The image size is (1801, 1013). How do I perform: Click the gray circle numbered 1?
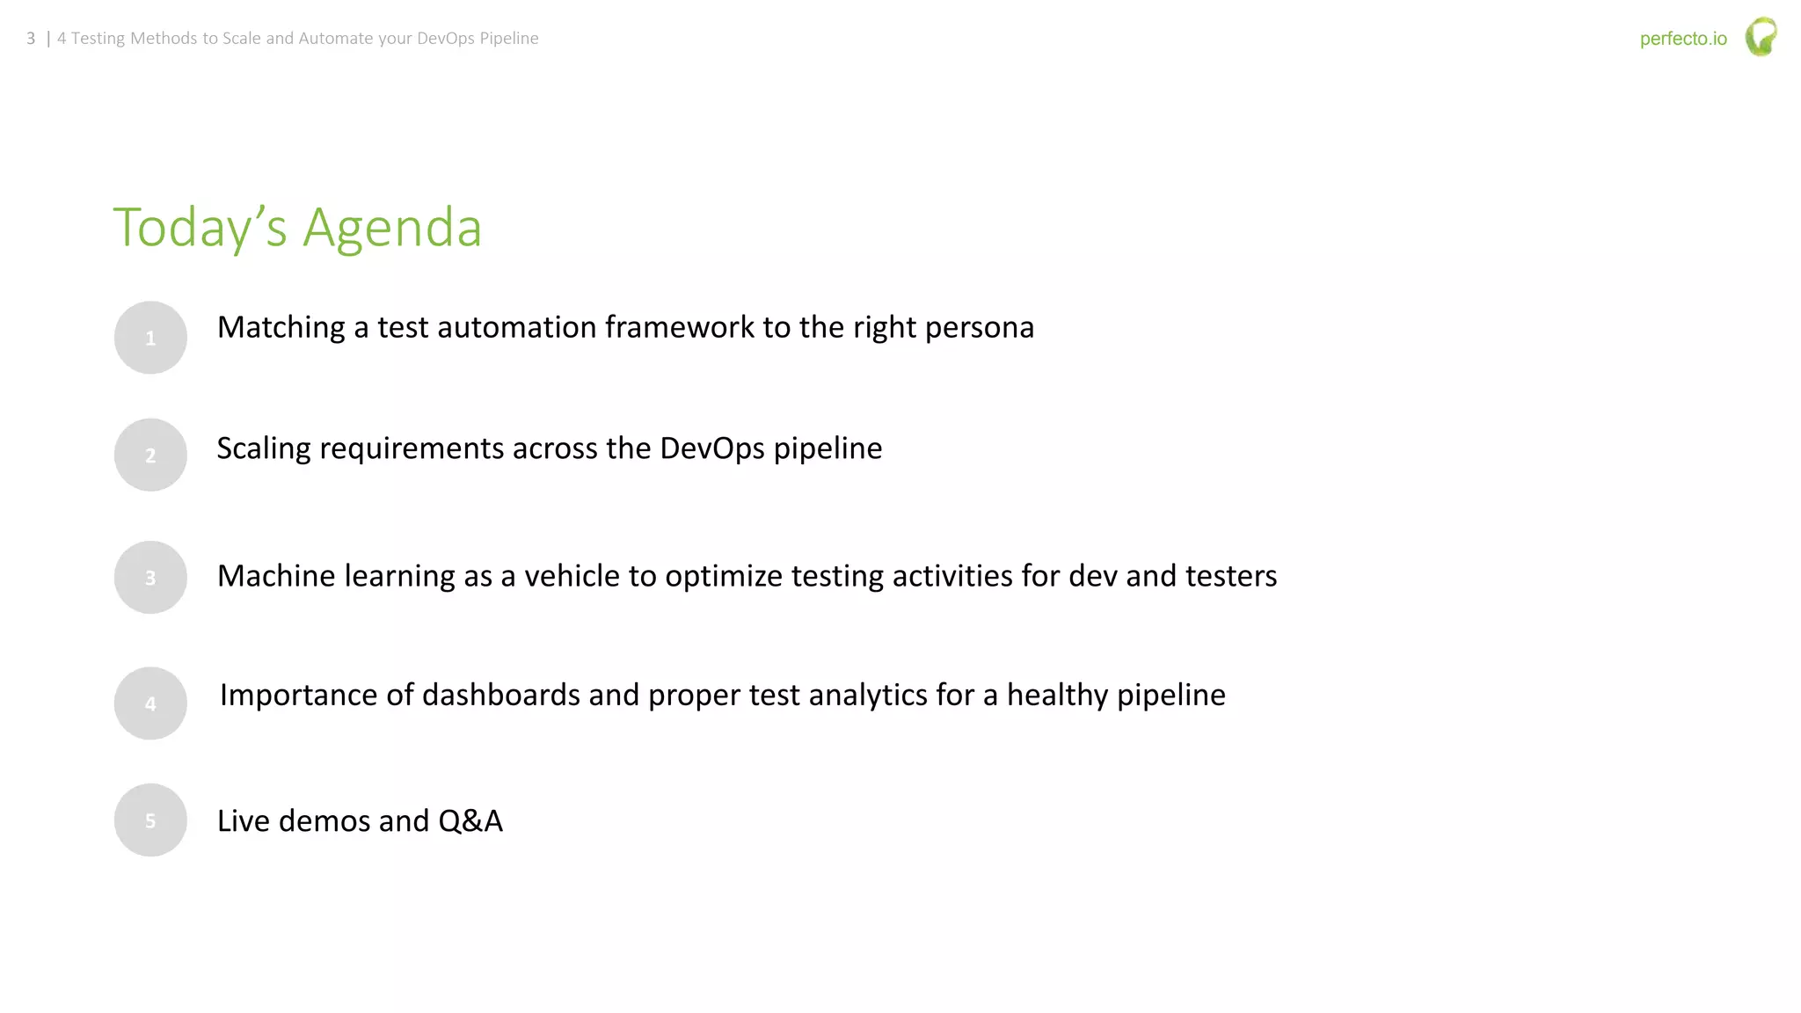tap(150, 338)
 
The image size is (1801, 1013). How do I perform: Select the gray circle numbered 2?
tap(150, 455)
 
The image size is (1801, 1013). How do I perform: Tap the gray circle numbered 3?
tap(150, 577)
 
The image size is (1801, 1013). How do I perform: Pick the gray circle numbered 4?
tap(150, 703)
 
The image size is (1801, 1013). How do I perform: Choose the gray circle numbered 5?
tap(150, 820)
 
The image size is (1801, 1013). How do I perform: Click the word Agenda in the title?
tap(392, 229)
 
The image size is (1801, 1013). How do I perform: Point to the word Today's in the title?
tap(200, 227)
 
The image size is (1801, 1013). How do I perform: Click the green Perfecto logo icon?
tap(1761, 37)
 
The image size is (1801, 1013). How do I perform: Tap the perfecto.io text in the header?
tap(1683, 39)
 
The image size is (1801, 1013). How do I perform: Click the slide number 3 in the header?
tap(31, 39)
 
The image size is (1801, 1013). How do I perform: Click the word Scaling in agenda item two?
tap(264, 448)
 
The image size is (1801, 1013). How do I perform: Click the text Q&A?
tap(470, 820)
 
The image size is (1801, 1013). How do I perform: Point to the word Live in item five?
tap(243, 820)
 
